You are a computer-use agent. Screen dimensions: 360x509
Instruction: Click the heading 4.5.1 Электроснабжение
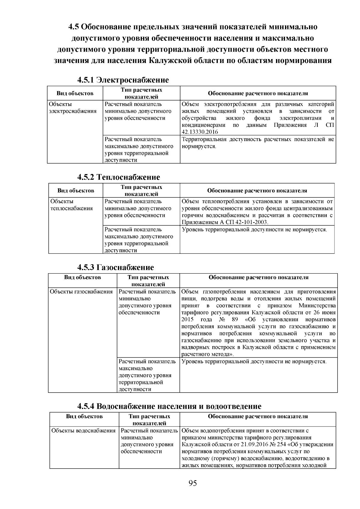coord(123,80)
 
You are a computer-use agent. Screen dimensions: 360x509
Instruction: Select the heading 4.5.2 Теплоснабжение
coord(119,177)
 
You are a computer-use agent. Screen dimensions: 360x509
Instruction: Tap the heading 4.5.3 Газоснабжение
coord(115,267)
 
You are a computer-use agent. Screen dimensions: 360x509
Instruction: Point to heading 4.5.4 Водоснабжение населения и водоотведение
coord(169,406)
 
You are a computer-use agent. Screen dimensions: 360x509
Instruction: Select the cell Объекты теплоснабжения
coord(72,205)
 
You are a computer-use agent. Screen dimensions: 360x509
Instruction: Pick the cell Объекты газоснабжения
coord(81,292)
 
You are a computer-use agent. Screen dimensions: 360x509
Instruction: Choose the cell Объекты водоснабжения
coord(83,431)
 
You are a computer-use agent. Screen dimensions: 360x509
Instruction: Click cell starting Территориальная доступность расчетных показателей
coord(257,143)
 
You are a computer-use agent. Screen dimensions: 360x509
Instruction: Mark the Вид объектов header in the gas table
coord(82,277)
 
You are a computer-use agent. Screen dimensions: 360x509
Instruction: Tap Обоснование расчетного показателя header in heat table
coord(257,190)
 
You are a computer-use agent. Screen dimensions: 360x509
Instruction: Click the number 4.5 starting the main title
coord(73,27)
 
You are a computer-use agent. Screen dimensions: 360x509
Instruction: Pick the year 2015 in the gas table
coord(188,319)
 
